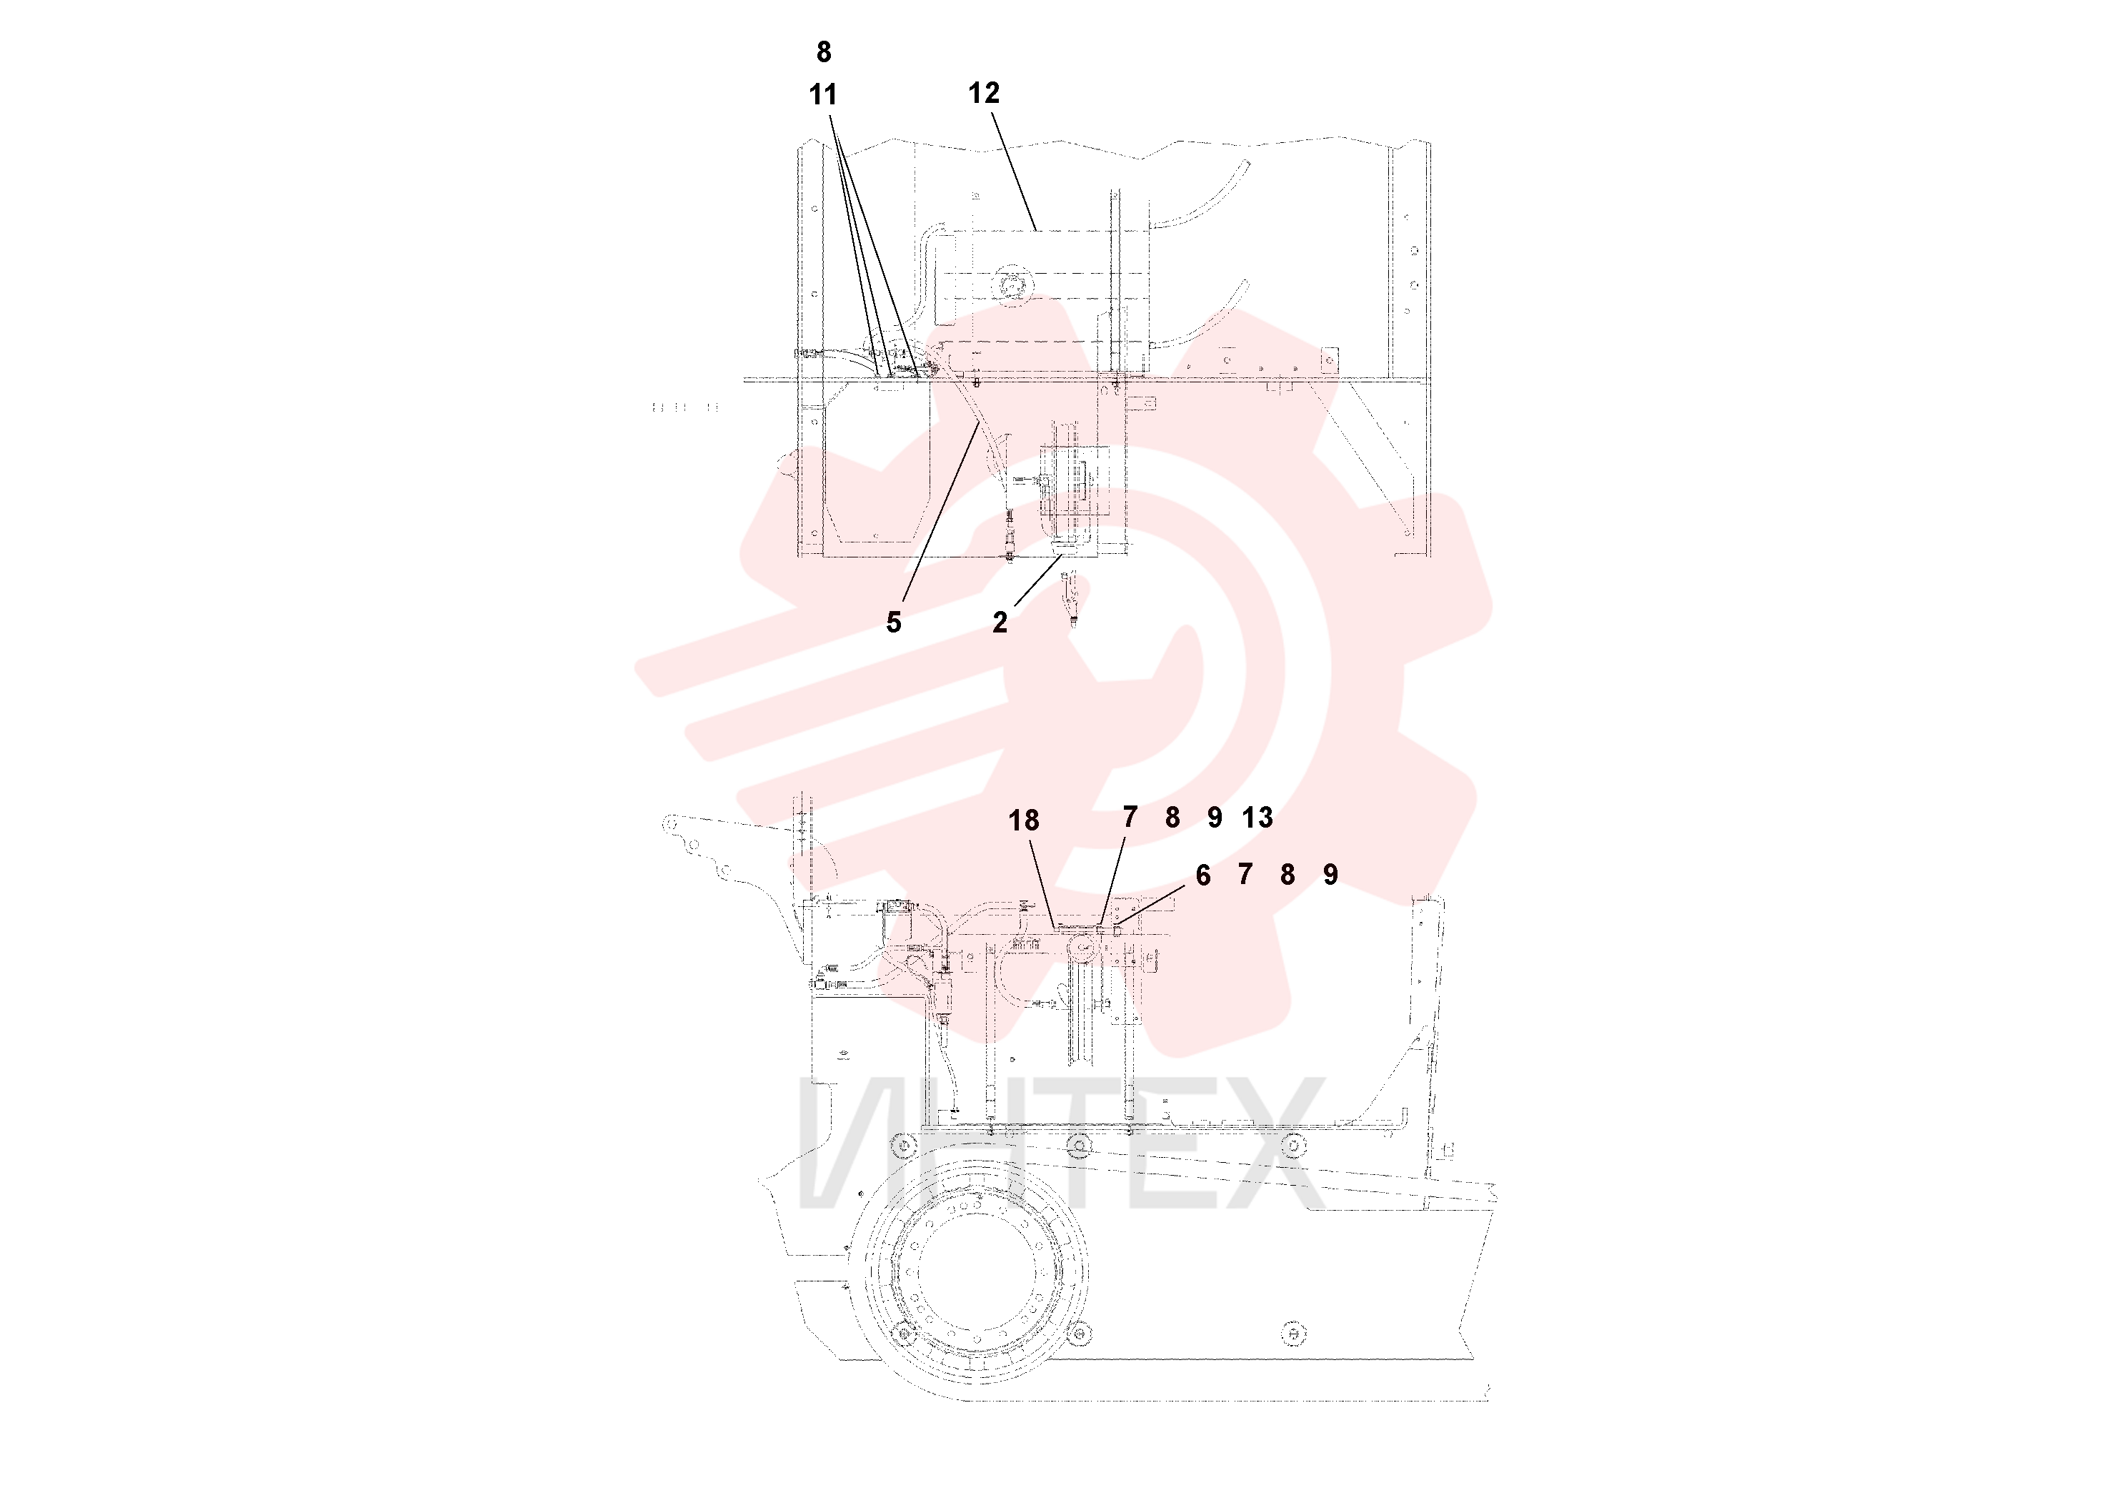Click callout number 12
984,93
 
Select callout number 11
822,94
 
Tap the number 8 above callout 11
824,53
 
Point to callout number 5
893,622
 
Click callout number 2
1000,622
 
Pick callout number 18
1024,820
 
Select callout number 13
1257,818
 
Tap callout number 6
1202,875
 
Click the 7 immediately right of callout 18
1130,818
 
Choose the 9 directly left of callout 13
1215,818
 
